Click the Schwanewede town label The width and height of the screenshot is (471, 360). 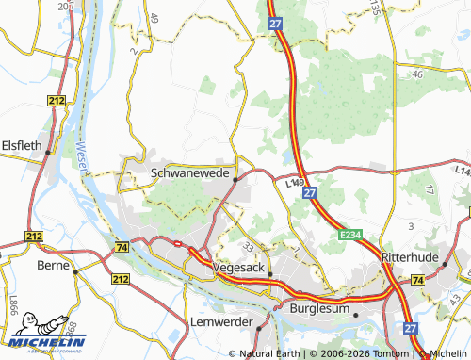[190, 173]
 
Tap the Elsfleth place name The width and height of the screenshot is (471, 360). [23, 145]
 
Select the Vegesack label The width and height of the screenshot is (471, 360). [235, 268]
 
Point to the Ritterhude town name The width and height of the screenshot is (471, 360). [412, 256]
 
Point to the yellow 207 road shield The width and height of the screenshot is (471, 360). [65, 6]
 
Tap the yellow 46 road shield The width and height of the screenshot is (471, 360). [416, 73]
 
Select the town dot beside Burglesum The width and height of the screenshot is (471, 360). [355, 315]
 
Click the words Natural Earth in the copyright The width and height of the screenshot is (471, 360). [270, 354]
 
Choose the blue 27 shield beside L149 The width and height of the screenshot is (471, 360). [310, 191]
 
